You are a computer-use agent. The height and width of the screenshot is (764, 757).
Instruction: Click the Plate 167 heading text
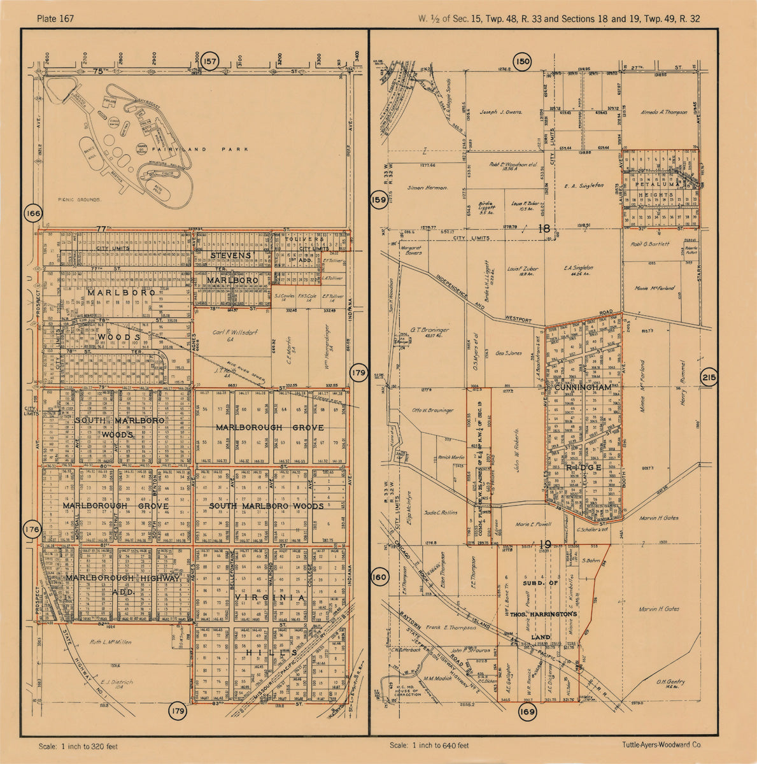point(56,18)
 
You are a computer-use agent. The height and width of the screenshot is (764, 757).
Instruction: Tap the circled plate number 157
point(211,62)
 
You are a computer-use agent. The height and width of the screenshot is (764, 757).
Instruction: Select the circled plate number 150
point(523,62)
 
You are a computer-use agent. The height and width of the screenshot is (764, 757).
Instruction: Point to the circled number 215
point(709,378)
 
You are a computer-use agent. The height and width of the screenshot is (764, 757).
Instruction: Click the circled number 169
point(528,712)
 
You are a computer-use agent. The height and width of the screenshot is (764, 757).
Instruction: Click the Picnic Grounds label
point(79,199)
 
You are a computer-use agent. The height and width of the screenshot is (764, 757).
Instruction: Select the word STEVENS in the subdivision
point(231,255)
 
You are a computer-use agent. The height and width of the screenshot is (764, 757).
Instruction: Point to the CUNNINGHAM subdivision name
point(583,387)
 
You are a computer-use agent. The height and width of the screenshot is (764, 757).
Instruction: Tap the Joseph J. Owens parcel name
point(501,112)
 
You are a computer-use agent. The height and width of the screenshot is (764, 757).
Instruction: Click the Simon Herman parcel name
point(428,188)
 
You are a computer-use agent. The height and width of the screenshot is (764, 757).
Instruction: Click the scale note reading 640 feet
point(429,746)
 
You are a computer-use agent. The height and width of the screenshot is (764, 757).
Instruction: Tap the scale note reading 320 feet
point(78,746)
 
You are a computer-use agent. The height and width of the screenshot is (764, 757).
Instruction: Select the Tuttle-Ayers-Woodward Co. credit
point(661,744)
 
